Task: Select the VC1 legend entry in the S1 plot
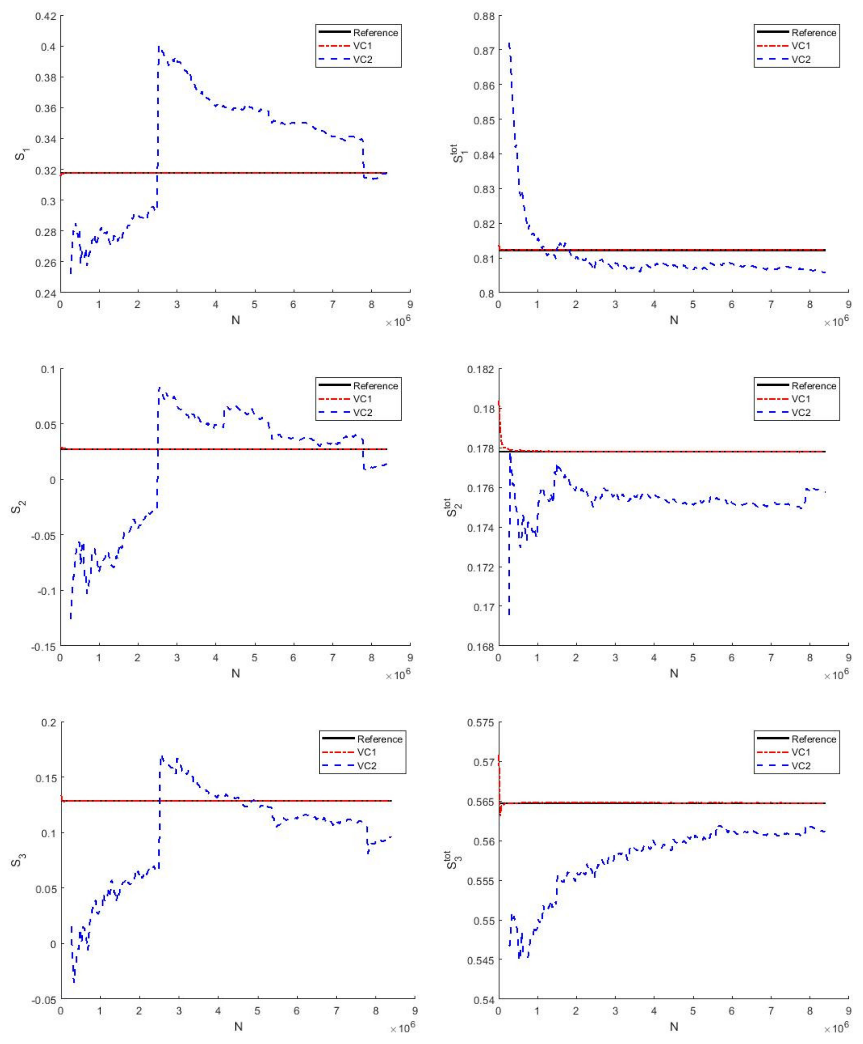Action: pyautogui.click(x=362, y=46)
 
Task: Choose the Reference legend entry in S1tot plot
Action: pyautogui.click(x=813, y=33)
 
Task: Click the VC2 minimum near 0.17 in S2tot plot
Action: pyautogui.click(x=509, y=614)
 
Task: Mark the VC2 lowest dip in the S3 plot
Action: pyautogui.click(x=74, y=982)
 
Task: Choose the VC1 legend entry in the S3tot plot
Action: pyautogui.click(x=801, y=752)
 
